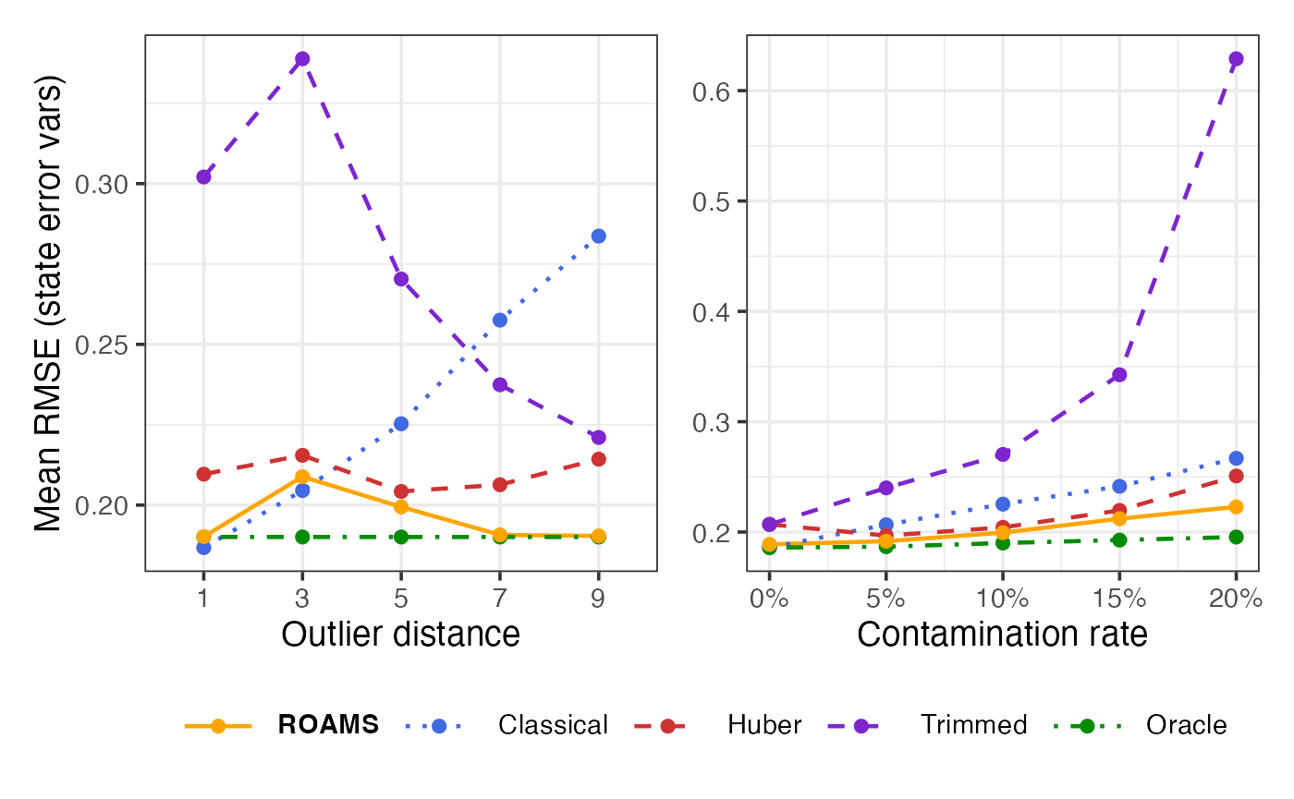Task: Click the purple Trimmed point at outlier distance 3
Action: (302, 59)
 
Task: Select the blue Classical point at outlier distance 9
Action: (598, 236)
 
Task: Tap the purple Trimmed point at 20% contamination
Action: (1236, 59)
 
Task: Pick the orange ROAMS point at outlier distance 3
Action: (302, 477)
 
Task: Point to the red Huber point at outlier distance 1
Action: (203, 474)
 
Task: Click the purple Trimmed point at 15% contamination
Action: (1119, 374)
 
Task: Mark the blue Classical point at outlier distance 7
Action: (500, 321)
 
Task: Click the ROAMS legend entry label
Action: (328, 725)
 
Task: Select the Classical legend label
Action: (553, 725)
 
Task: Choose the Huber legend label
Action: (764, 725)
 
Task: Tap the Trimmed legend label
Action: (973, 725)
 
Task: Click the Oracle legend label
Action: (1186, 725)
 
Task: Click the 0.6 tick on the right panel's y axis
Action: (713, 91)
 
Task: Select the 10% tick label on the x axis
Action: (1003, 599)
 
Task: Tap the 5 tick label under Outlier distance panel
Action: (401, 599)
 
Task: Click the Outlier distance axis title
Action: (400, 635)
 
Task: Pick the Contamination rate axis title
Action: (1002, 635)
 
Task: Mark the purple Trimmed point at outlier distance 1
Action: (203, 177)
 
